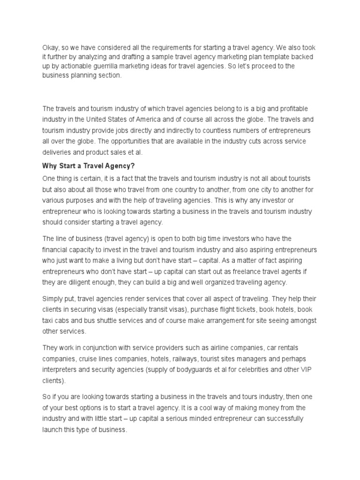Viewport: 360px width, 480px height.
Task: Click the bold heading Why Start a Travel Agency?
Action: pyautogui.click(x=88, y=165)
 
